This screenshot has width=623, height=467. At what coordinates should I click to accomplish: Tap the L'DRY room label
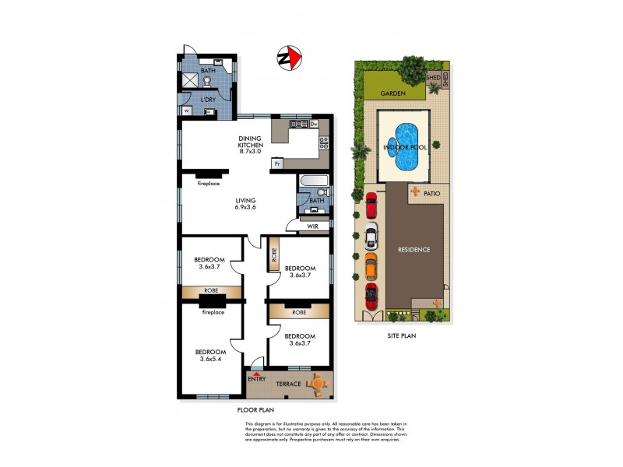click(208, 100)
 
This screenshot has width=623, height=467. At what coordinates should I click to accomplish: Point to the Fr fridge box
click(276, 163)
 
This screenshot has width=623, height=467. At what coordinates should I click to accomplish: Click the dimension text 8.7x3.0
click(251, 153)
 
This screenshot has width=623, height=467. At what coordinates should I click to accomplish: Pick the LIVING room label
click(245, 200)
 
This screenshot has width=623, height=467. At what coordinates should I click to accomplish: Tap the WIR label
click(313, 226)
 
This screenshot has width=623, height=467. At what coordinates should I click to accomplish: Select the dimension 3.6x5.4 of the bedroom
click(210, 358)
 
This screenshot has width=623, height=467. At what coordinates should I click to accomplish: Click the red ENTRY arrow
click(256, 374)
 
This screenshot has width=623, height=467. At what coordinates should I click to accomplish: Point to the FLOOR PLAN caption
click(255, 409)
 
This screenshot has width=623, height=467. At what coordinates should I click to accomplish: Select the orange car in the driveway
click(371, 266)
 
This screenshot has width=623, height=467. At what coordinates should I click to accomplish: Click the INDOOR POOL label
click(403, 146)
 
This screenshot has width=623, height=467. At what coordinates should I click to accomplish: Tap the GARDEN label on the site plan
click(393, 93)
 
